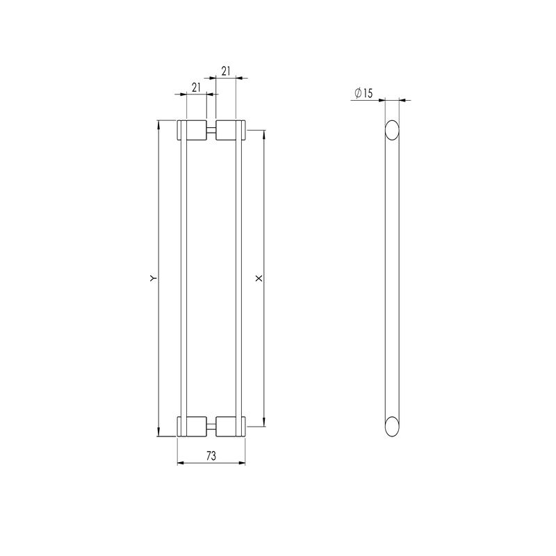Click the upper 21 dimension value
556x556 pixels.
pos(226,72)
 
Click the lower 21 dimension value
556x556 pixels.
pos(196,88)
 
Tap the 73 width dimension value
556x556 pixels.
pos(211,456)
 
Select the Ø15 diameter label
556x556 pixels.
pos(363,93)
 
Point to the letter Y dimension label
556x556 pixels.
pos(153,279)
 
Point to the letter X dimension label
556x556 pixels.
pos(259,279)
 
